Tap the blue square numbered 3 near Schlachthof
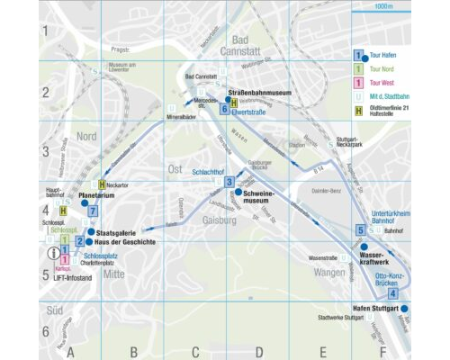coord(229,182)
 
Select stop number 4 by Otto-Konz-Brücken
coord(392,293)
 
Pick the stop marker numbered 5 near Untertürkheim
coord(360,230)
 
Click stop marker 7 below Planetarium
coord(93,211)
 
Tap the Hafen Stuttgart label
coord(373,308)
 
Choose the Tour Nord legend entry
coord(385,68)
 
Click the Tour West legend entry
coord(385,83)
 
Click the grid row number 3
coord(44,151)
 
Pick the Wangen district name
coord(329,272)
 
